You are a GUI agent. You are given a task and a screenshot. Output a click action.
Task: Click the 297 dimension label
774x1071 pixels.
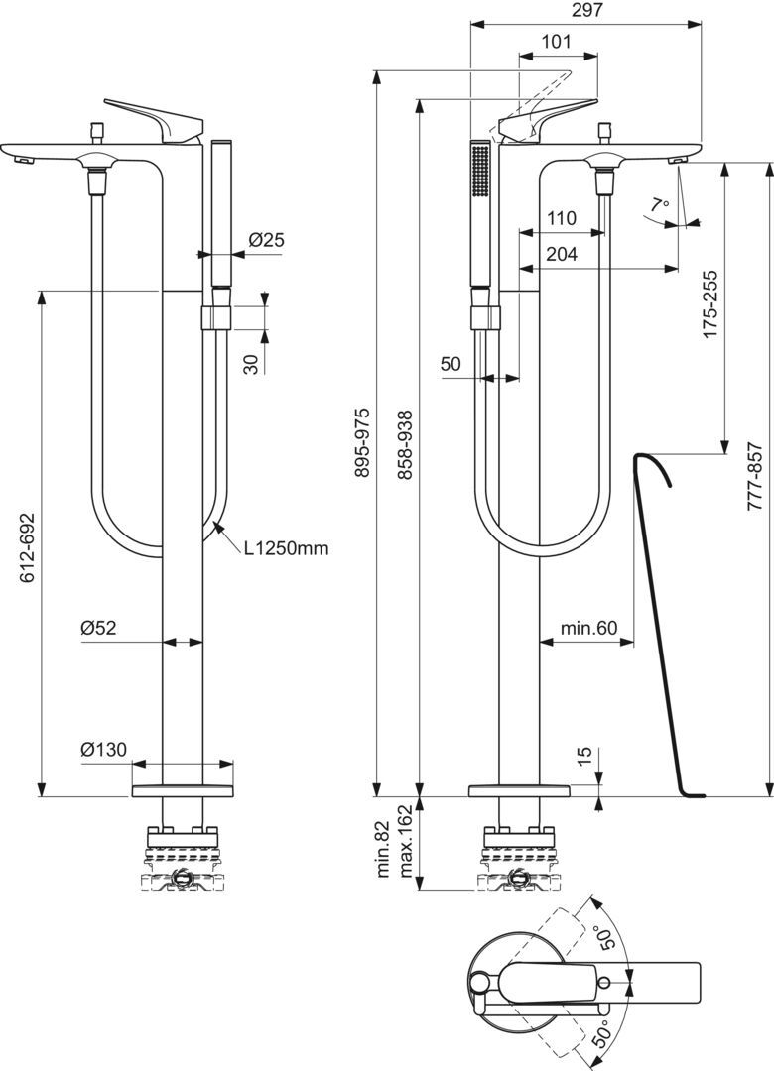click(586, 10)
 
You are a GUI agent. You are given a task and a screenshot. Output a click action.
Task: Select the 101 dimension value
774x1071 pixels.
click(556, 41)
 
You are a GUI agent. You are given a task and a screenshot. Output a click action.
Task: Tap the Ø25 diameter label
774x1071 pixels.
click(266, 239)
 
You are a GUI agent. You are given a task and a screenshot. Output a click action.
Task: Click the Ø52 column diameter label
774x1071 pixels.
click(98, 627)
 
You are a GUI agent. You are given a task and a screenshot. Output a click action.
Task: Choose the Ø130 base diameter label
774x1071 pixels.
click(104, 750)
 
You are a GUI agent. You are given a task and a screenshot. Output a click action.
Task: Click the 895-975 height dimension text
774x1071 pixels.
click(363, 442)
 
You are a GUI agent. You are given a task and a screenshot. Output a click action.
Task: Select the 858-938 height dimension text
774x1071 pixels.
click(406, 442)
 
